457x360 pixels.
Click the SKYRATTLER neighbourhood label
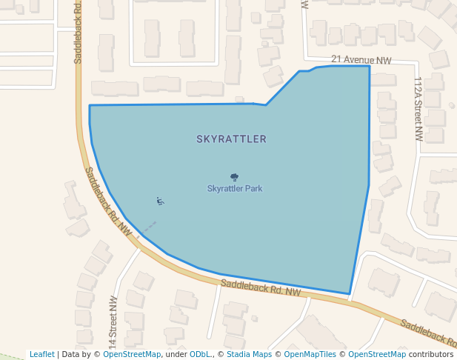(x=231, y=139)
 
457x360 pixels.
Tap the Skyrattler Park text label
(x=234, y=188)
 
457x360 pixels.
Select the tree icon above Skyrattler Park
(x=235, y=177)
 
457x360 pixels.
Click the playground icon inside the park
(x=160, y=201)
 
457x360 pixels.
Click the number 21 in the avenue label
(x=336, y=59)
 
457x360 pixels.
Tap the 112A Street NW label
(x=418, y=109)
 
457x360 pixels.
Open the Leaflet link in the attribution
(x=41, y=354)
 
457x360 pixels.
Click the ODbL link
(x=200, y=354)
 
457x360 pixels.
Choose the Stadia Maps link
(x=249, y=354)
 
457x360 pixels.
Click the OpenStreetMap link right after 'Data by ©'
(x=131, y=354)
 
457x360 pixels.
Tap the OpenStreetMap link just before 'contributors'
(x=377, y=354)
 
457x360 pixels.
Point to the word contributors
(x=431, y=354)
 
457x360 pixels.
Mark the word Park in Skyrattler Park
(x=253, y=188)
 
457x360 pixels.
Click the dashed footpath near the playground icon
(x=147, y=227)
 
